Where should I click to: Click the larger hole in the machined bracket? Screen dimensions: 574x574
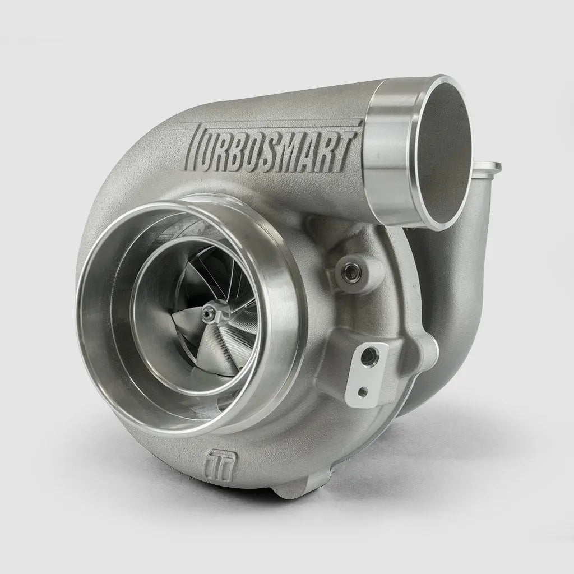coord(368,354)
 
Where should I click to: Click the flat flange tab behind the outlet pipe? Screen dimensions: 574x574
coord(488,166)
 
